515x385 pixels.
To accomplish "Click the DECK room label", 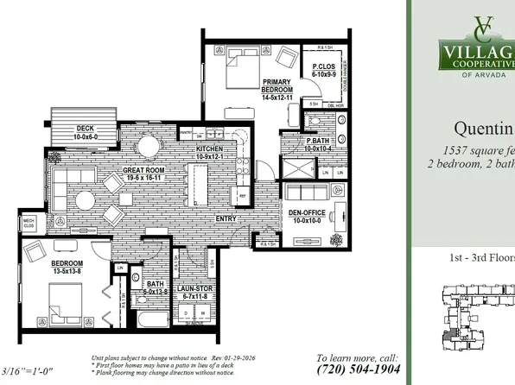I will (x=73, y=133).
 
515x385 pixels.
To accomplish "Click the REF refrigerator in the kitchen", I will (x=243, y=197).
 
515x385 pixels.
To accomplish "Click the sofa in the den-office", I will (x=309, y=191).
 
